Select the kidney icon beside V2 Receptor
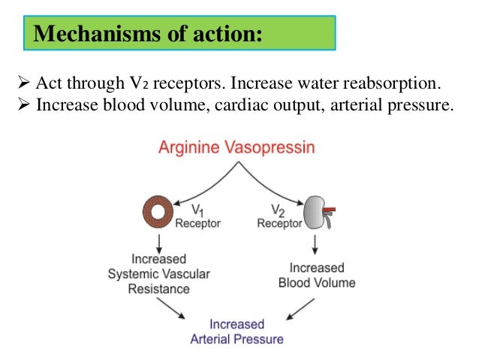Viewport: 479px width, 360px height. pyautogui.click(x=315, y=212)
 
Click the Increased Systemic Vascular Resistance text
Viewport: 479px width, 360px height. pyautogui.click(x=158, y=275)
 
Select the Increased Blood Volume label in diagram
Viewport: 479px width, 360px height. pyautogui.click(x=316, y=275)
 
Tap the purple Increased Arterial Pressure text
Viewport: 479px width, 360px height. pyautogui.click(x=236, y=331)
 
